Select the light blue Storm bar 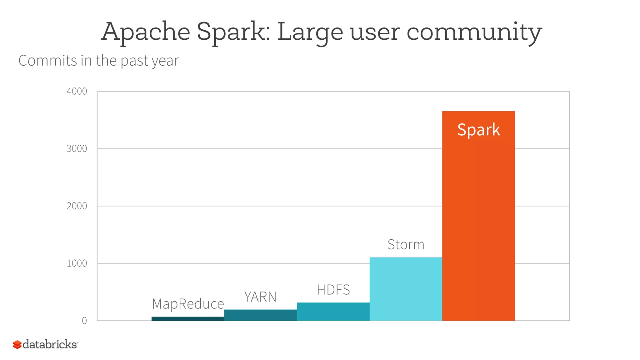[x=406, y=289]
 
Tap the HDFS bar [x=333, y=312]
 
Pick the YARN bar [x=260, y=315]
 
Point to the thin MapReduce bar [x=188, y=319]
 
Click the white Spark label [x=478, y=130]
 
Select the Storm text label [x=406, y=244]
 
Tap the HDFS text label [x=333, y=290]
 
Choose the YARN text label [x=260, y=297]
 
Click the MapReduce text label [x=188, y=304]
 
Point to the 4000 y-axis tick [x=77, y=91]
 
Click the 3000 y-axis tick [x=77, y=148]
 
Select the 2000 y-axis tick [x=77, y=206]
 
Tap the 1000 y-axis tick [x=77, y=263]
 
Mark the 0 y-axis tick [x=84, y=321]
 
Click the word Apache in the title [x=146, y=32]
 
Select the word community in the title [x=474, y=32]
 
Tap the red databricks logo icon [x=17, y=345]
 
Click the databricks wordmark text [x=50, y=344]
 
